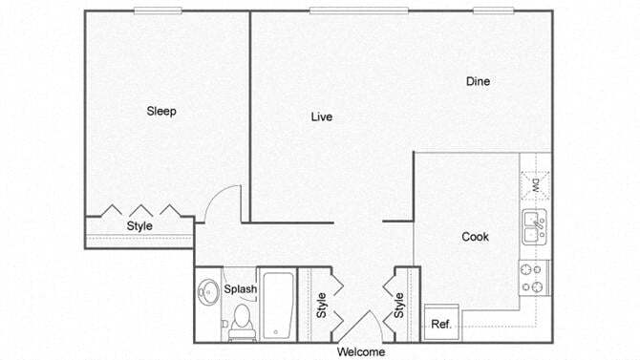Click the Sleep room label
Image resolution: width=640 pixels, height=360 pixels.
pyautogui.click(x=161, y=111)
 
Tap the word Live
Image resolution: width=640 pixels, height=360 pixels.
pyautogui.click(x=321, y=117)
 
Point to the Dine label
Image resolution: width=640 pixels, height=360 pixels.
pyautogui.click(x=478, y=81)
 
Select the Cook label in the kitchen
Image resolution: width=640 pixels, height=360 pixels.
pyautogui.click(x=475, y=237)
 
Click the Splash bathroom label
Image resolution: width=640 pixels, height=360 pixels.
pyautogui.click(x=240, y=288)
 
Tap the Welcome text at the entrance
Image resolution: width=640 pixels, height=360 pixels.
pyautogui.click(x=361, y=351)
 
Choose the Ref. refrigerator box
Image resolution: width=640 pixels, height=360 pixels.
pyautogui.click(x=440, y=324)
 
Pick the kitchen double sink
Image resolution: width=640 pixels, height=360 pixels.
pyautogui.click(x=534, y=228)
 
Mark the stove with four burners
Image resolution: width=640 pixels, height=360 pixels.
pyautogui.click(x=534, y=277)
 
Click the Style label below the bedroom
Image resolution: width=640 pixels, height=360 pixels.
pyautogui.click(x=139, y=226)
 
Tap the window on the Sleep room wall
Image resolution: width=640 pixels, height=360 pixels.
pyautogui.click(x=159, y=11)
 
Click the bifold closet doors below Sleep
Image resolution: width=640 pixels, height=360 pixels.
pyautogui.click(x=141, y=210)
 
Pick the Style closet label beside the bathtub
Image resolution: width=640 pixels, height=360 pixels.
pyautogui.click(x=322, y=305)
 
